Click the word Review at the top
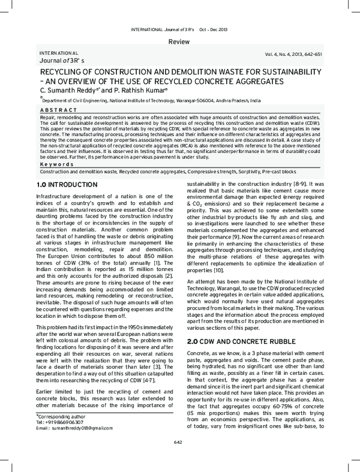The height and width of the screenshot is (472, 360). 179,41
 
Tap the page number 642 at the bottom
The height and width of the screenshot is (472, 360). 179,459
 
